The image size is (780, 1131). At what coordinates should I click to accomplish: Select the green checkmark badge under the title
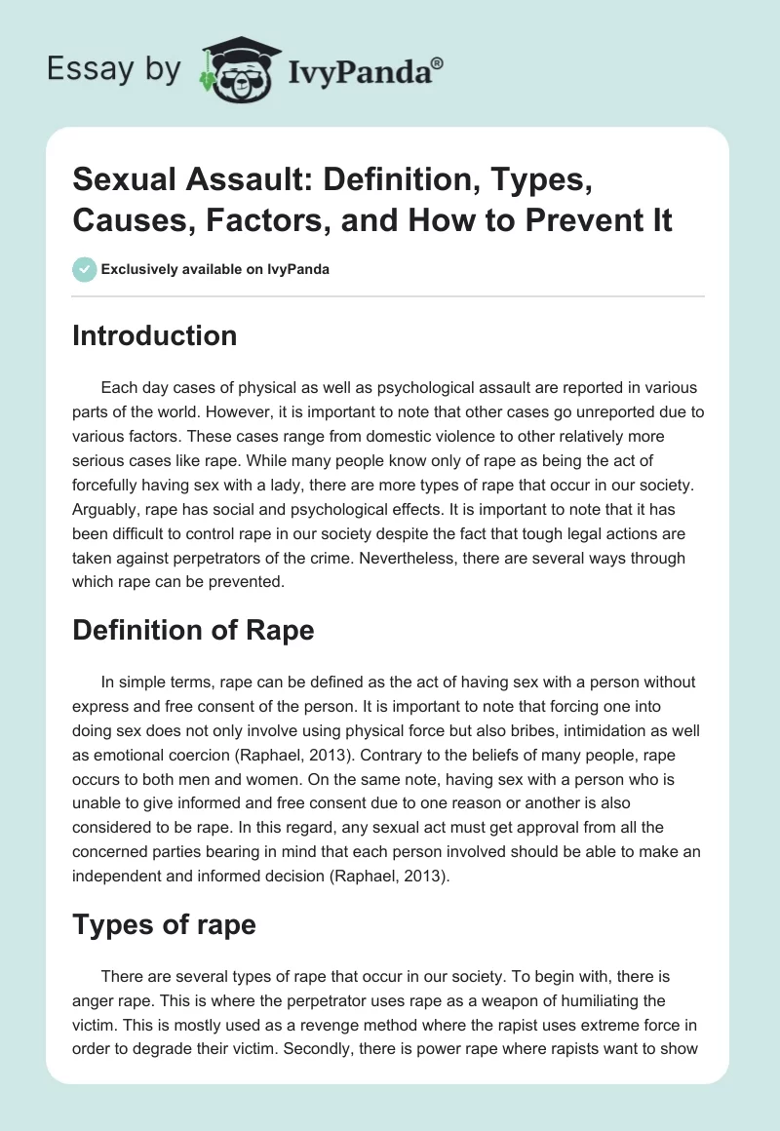coord(85,269)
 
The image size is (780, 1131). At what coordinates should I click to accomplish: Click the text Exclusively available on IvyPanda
coord(215,269)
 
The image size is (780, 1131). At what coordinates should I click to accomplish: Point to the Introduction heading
coord(154,335)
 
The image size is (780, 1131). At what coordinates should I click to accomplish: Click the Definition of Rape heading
coord(193,630)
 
